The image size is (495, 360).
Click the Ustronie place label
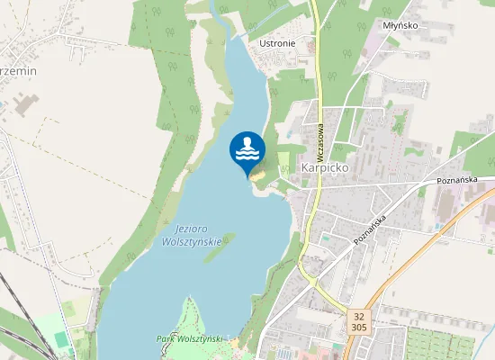click(276, 42)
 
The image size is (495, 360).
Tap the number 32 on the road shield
click(359, 316)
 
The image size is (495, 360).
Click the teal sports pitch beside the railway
click(61, 338)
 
